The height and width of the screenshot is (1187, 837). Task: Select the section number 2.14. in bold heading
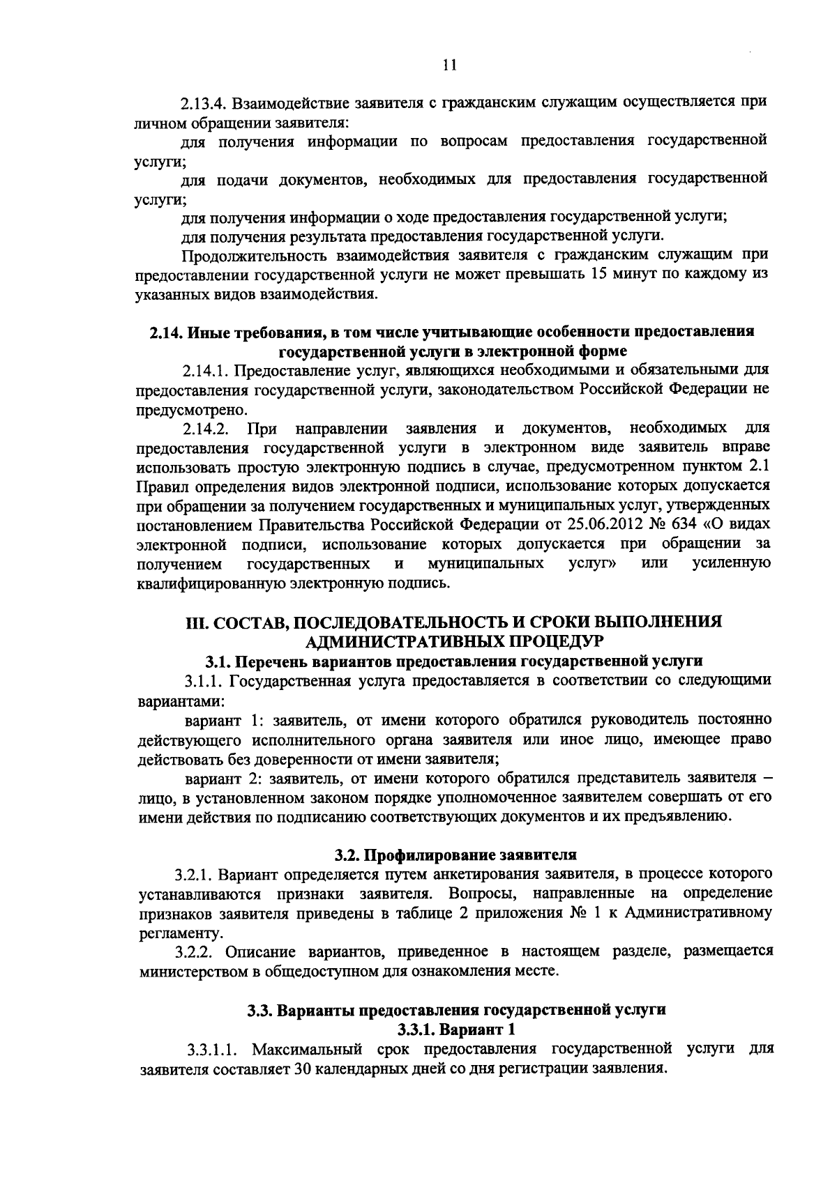pyautogui.click(x=166, y=332)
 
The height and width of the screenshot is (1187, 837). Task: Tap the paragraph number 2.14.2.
pyautogui.click(x=207, y=427)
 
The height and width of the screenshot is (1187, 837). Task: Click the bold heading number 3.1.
pyautogui.click(x=218, y=660)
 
